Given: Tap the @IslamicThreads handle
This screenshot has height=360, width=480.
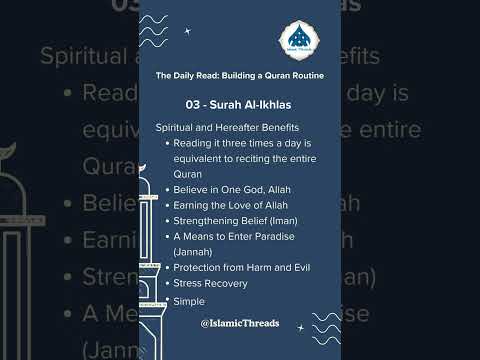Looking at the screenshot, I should [239, 324].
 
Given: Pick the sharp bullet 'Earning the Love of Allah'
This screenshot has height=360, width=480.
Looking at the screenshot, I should [229, 204].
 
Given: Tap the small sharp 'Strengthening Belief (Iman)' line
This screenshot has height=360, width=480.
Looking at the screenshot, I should [235, 220].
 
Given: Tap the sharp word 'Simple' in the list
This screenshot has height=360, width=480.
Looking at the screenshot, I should [188, 301].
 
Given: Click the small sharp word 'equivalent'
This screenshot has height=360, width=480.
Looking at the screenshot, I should [198, 158].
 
